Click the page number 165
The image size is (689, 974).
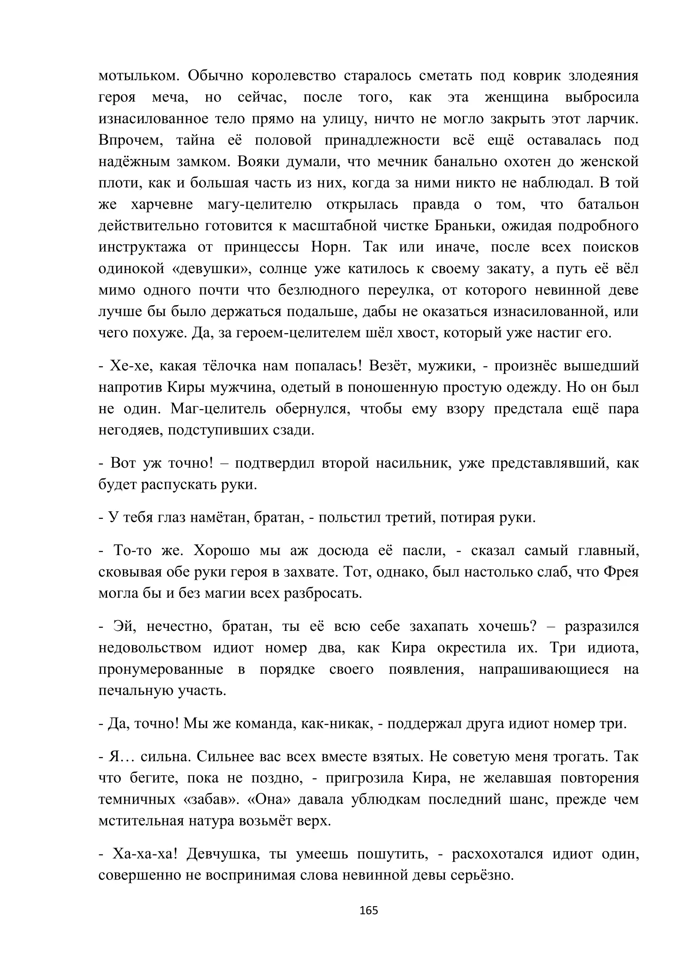click(x=368, y=910)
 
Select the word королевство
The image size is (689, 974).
click(x=293, y=76)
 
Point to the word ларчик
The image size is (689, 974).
click(x=612, y=119)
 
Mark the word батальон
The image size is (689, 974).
click(x=608, y=204)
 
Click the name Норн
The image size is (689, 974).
click(x=330, y=247)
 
